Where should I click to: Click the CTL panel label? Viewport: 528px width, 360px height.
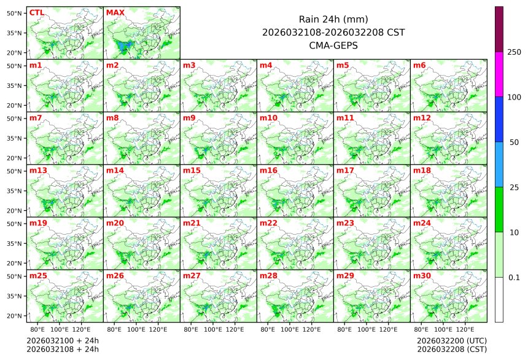[36, 12]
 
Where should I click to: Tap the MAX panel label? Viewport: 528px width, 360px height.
[115, 12]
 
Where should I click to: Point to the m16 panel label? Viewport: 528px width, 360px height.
[268, 170]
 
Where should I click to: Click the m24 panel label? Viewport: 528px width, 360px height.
[422, 223]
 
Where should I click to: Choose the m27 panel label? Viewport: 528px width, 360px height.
[192, 276]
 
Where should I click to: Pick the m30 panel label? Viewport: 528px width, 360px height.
[422, 276]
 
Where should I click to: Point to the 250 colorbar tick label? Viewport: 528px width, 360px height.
[514, 52]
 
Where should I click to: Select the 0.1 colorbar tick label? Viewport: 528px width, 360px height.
[514, 277]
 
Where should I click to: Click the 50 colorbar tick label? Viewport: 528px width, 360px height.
[514, 142]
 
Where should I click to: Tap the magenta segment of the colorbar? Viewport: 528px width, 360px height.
[499, 74]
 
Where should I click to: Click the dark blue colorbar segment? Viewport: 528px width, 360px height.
[499, 119]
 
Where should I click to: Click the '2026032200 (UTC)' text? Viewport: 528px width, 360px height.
[451, 340]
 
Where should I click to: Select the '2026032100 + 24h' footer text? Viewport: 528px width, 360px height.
[63, 340]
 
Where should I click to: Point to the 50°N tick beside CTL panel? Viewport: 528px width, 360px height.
[15, 13]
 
